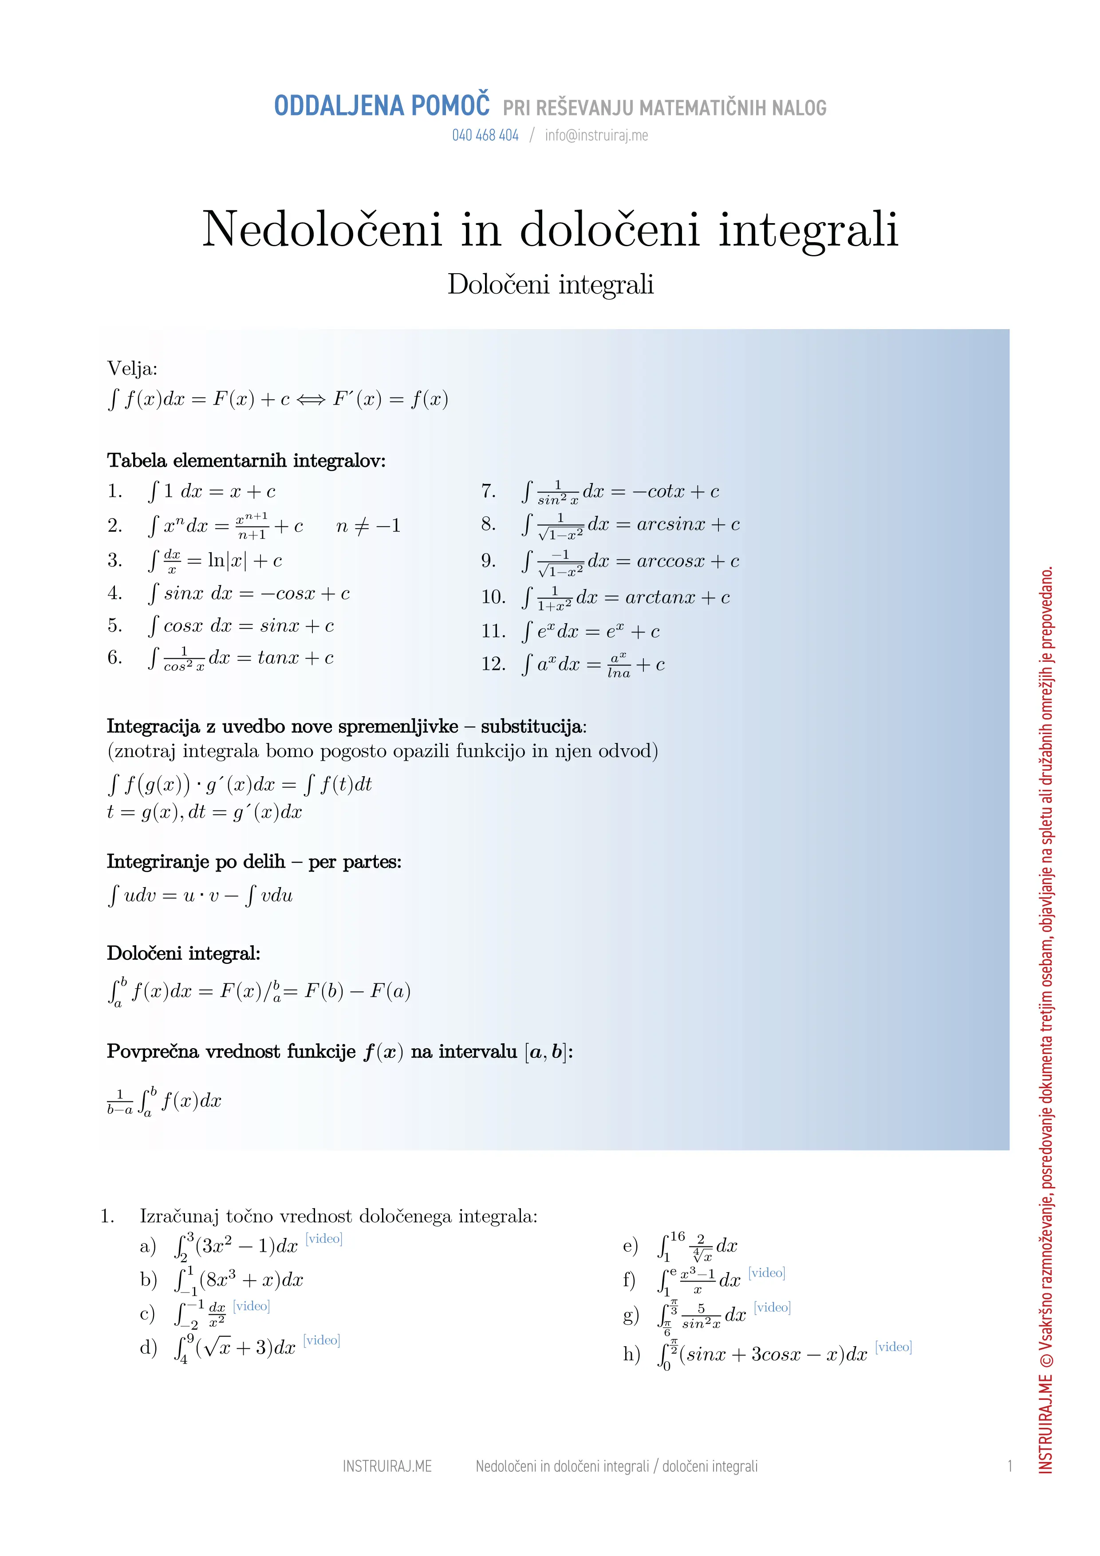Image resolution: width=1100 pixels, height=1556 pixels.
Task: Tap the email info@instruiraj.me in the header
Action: (596, 136)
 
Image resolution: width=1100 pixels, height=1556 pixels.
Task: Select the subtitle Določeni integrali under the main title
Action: (550, 285)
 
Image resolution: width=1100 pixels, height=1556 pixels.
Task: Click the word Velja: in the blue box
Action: (132, 369)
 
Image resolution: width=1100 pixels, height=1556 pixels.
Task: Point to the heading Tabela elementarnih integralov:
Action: (246, 461)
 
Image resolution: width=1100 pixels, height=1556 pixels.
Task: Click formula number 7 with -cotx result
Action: (620, 491)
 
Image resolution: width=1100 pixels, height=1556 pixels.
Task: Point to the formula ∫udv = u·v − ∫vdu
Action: (200, 896)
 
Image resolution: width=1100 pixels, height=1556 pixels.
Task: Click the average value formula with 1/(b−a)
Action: (164, 1101)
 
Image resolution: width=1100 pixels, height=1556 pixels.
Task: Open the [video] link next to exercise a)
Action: (324, 1239)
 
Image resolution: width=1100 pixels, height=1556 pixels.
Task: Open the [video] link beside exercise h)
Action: (893, 1347)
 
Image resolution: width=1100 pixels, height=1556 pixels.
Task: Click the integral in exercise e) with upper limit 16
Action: (698, 1246)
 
